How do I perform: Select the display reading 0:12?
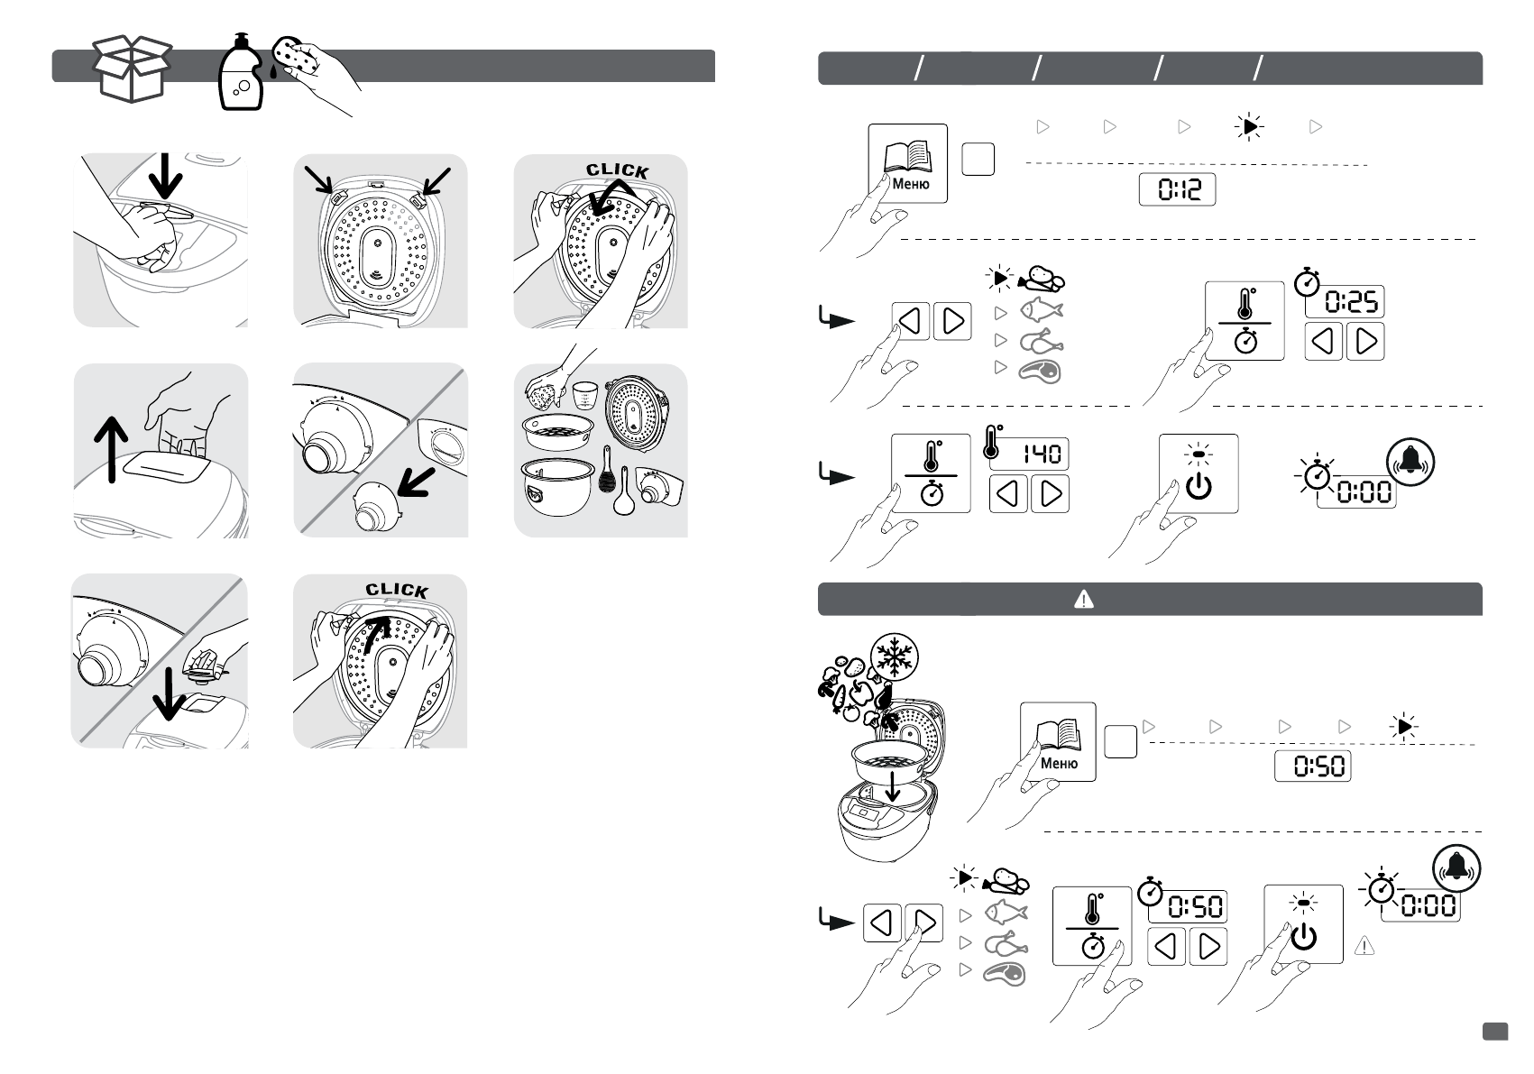(1177, 189)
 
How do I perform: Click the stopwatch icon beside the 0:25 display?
(1307, 282)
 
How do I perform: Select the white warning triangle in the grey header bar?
(1084, 599)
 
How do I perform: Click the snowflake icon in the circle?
(894, 658)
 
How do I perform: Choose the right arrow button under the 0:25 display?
(1365, 342)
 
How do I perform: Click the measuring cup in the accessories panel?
(586, 395)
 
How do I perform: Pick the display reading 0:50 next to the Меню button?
(1313, 766)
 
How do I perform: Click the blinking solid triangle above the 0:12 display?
(1248, 128)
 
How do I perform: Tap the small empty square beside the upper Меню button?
(978, 160)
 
